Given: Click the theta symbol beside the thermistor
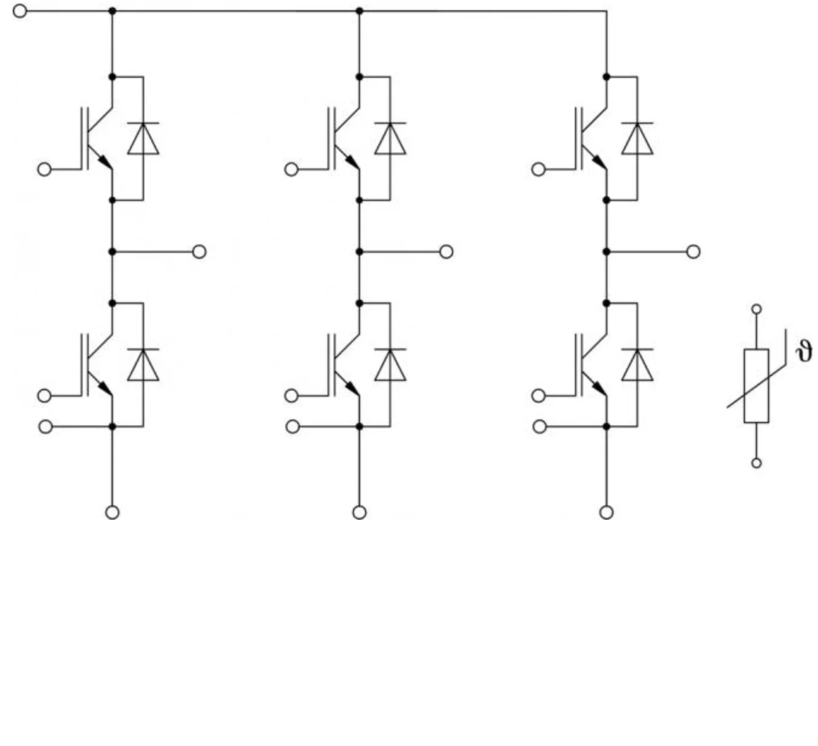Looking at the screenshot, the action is point(804,352).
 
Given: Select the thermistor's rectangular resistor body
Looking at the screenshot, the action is point(756,386).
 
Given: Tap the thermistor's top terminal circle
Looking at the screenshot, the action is point(756,309).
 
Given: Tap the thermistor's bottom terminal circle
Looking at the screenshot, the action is point(756,463).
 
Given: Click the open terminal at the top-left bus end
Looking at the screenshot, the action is point(20,11).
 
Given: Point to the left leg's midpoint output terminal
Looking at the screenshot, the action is point(199,252).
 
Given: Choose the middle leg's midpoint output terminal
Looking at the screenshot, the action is point(446,252).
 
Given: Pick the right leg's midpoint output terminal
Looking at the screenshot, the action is point(694,252).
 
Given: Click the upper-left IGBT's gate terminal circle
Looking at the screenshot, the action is point(45,169).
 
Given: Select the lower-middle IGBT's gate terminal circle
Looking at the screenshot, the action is point(291,395).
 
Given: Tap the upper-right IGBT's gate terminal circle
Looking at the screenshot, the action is point(539,169).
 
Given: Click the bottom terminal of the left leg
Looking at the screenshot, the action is point(113,512).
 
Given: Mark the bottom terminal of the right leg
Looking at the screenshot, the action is point(607,512).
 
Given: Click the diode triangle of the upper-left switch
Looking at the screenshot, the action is point(143,139).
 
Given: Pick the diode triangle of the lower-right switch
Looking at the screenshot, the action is point(638,365).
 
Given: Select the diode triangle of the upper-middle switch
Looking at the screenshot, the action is point(390,139).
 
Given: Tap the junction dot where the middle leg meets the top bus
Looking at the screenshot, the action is point(360,11).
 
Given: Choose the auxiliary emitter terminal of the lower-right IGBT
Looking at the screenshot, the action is point(540,427).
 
